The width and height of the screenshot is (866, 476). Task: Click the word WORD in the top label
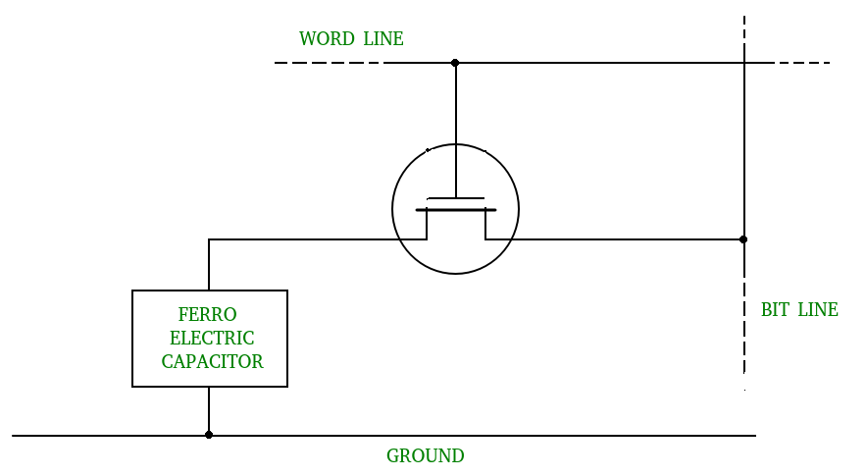point(327,39)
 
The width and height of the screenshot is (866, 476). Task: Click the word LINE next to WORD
point(383,39)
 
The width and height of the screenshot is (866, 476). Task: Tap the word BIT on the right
point(776,310)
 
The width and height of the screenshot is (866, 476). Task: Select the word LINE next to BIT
point(817,310)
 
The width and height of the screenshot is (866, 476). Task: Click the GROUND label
point(425,456)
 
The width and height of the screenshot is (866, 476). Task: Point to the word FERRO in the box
point(207,315)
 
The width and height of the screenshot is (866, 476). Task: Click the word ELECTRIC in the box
point(212,339)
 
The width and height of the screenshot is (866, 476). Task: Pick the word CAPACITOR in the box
point(212,362)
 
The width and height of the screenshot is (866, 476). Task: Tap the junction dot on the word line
point(455,63)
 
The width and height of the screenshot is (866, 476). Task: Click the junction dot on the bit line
point(743,239)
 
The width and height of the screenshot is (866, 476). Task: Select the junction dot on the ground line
point(209,435)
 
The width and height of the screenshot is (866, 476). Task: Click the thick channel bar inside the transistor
point(456,210)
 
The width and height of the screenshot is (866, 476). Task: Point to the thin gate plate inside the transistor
point(456,198)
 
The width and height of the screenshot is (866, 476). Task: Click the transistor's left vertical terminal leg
point(427,225)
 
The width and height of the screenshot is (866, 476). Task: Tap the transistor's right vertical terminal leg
point(484,225)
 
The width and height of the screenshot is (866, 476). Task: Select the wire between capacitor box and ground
point(209,410)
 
